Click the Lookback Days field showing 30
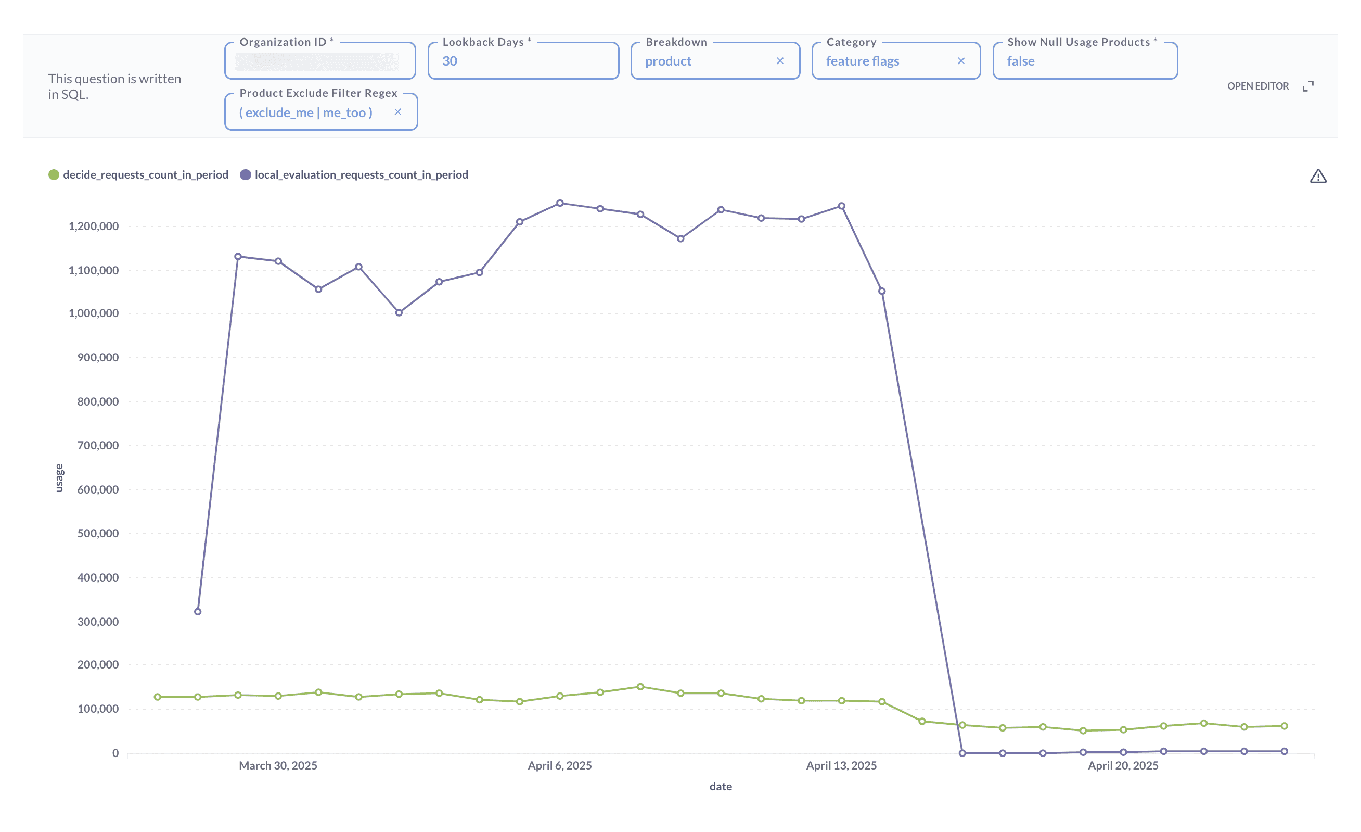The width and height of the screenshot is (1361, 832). [522, 61]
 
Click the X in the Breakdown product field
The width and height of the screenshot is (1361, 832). [780, 61]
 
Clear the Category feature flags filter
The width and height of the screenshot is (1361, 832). [960, 61]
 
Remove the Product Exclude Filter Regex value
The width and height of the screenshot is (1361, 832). [397, 112]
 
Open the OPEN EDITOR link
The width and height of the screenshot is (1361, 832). [1257, 86]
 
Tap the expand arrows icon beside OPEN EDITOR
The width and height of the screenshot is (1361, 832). [1307, 86]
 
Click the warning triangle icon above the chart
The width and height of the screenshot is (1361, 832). [1318, 177]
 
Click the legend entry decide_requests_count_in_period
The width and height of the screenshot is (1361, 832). [145, 175]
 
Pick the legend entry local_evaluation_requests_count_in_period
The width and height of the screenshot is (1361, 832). [361, 175]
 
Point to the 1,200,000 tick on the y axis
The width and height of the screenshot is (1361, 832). [93, 226]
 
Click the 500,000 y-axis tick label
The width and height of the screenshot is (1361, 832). [98, 534]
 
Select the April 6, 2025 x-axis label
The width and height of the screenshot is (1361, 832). [559, 766]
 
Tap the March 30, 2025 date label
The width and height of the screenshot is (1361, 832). [278, 766]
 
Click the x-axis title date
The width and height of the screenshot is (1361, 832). [720, 786]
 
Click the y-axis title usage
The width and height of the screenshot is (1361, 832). [59, 478]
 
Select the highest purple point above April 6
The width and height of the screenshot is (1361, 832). [559, 204]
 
